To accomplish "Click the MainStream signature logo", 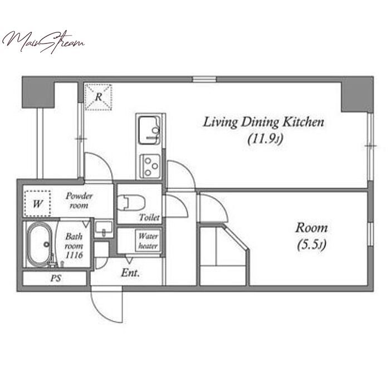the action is click(43, 42).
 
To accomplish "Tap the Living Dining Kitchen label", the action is click(264, 122).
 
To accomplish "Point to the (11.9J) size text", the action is click(265, 139).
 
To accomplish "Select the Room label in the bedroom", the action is click(311, 228).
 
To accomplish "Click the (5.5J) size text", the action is click(311, 245).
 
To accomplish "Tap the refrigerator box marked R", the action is click(98, 97).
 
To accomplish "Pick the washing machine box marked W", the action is click(37, 203).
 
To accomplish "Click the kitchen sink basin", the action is click(149, 130).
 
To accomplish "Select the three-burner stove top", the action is click(150, 166).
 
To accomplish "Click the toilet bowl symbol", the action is click(131, 202).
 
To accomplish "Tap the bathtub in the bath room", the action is click(40, 245).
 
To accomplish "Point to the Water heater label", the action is click(148, 241).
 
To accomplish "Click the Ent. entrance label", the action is click(130, 273).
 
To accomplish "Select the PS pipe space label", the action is click(56, 278).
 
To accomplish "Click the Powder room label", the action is click(79, 201).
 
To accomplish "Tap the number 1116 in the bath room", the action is click(74, 255).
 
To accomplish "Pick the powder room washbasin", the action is click(104, 228).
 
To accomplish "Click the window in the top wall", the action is click(204, 79).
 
